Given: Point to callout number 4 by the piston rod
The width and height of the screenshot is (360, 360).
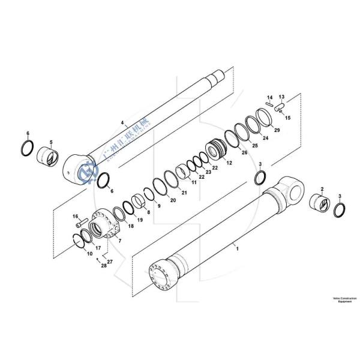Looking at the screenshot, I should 122,122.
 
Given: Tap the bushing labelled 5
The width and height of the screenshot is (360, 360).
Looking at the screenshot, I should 49,157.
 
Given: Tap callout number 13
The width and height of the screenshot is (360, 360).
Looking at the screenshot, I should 281,96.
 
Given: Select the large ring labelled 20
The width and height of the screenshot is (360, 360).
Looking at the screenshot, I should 161,187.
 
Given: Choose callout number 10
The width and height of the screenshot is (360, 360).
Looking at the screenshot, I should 89,254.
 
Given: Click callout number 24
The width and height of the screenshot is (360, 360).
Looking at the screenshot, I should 265,138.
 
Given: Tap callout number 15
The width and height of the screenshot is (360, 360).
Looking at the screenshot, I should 287,118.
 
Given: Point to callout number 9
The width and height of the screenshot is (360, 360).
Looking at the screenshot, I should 158,206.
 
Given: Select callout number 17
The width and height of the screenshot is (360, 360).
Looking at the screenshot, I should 98,247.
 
